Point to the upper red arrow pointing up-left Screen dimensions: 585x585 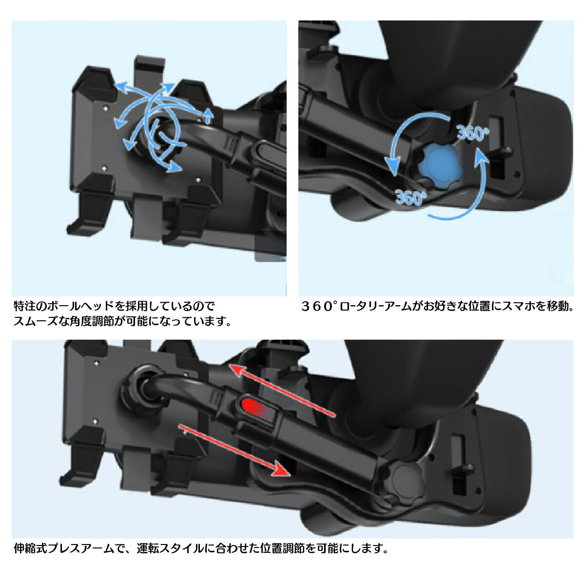282,390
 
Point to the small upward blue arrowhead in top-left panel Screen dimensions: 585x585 208,114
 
